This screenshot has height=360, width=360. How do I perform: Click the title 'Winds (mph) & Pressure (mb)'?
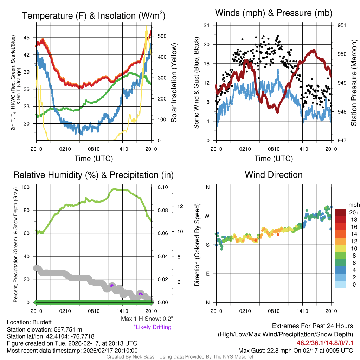click(274, 13)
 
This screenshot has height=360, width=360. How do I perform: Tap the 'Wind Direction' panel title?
click(274, 175)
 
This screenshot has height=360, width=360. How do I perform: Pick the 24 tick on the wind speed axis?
click(207, 25)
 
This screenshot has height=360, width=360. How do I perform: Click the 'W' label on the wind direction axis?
click(207, 216)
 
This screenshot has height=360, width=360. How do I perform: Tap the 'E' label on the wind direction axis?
click(208, 274)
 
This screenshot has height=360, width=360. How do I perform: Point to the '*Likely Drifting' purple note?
click(152, 327)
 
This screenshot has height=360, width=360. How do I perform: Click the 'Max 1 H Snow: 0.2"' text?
click(147, 319)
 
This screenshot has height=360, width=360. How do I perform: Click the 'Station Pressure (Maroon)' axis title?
click(354, 83)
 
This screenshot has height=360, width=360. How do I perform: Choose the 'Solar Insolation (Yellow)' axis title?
click(174, 83)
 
